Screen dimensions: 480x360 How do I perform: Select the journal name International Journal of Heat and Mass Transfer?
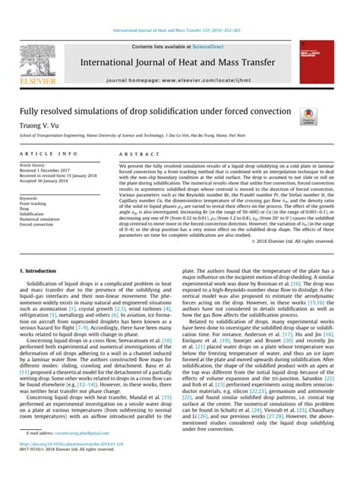click(x=182, y=42)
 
